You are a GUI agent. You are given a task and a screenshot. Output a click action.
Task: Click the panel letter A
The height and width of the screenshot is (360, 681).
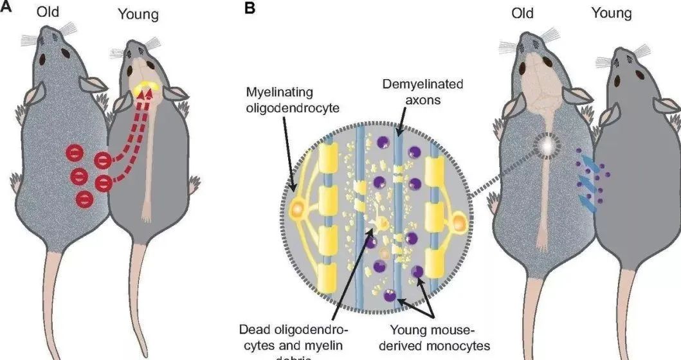[x=5, y=6]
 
